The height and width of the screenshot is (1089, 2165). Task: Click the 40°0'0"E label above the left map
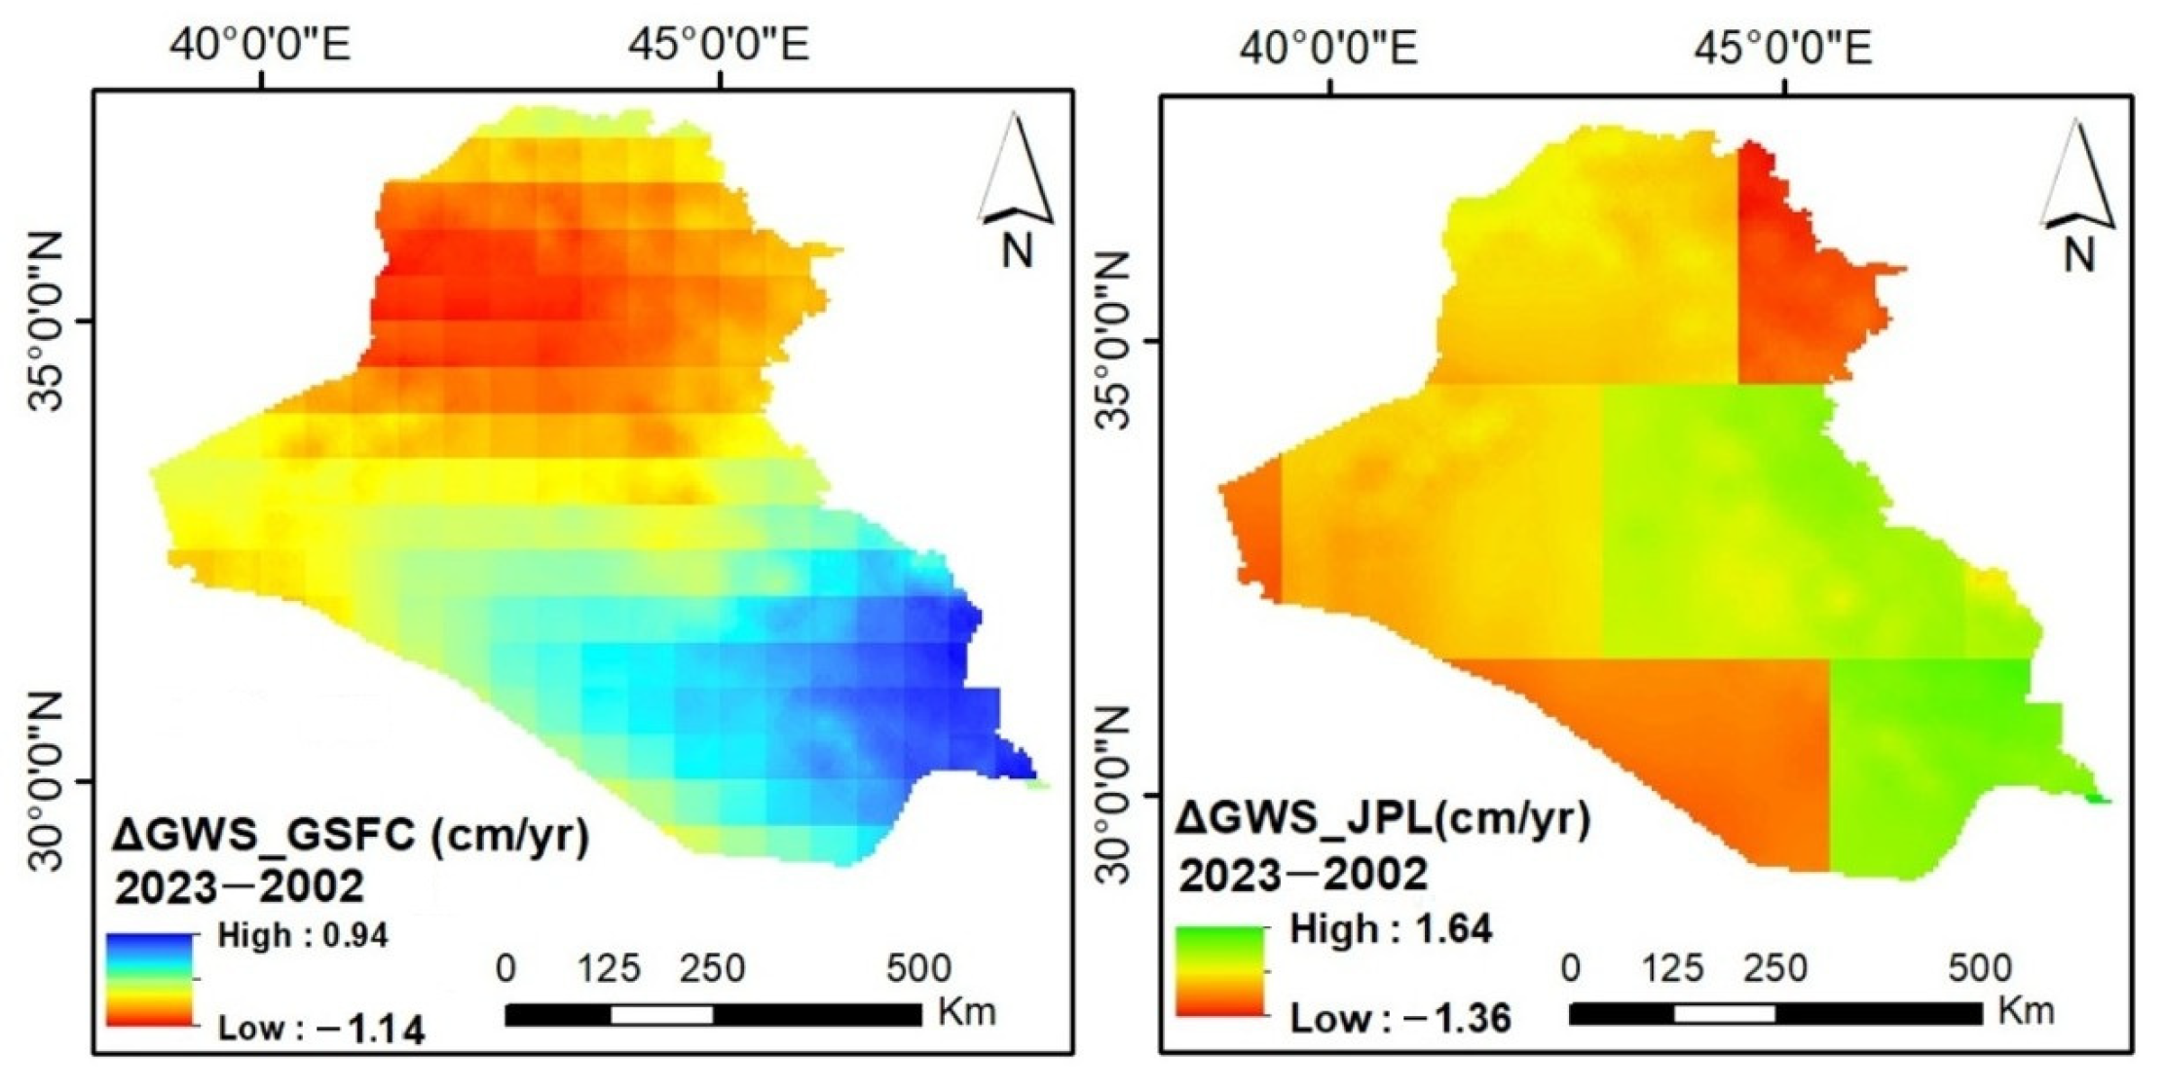[261, 44]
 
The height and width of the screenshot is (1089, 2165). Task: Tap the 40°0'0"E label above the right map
[1328, 47]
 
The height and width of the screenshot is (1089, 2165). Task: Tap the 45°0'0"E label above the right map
[1783, 47]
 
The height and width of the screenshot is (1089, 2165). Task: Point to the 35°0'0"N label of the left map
[43, 320]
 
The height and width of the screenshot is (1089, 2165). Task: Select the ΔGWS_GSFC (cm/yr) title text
[352, 836]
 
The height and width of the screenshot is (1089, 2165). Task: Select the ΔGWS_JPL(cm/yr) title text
[1383, 820]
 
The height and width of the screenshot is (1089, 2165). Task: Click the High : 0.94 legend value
[303, 936]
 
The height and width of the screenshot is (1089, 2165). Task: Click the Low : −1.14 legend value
[320, 1029]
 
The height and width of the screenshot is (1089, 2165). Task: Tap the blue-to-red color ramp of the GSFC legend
[150, 979]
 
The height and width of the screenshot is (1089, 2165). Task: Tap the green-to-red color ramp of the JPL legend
[1220, 971]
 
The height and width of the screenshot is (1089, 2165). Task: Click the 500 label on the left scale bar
[917, 969]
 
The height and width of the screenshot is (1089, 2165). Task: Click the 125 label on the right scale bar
[1673, 969]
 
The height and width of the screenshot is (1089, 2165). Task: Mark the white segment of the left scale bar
[661, 1015]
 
